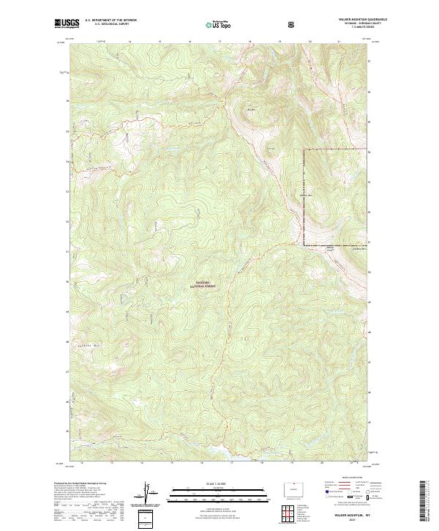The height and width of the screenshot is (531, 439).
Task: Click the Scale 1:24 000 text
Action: (206, 484)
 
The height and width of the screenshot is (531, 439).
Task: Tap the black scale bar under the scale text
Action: (206, 492)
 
